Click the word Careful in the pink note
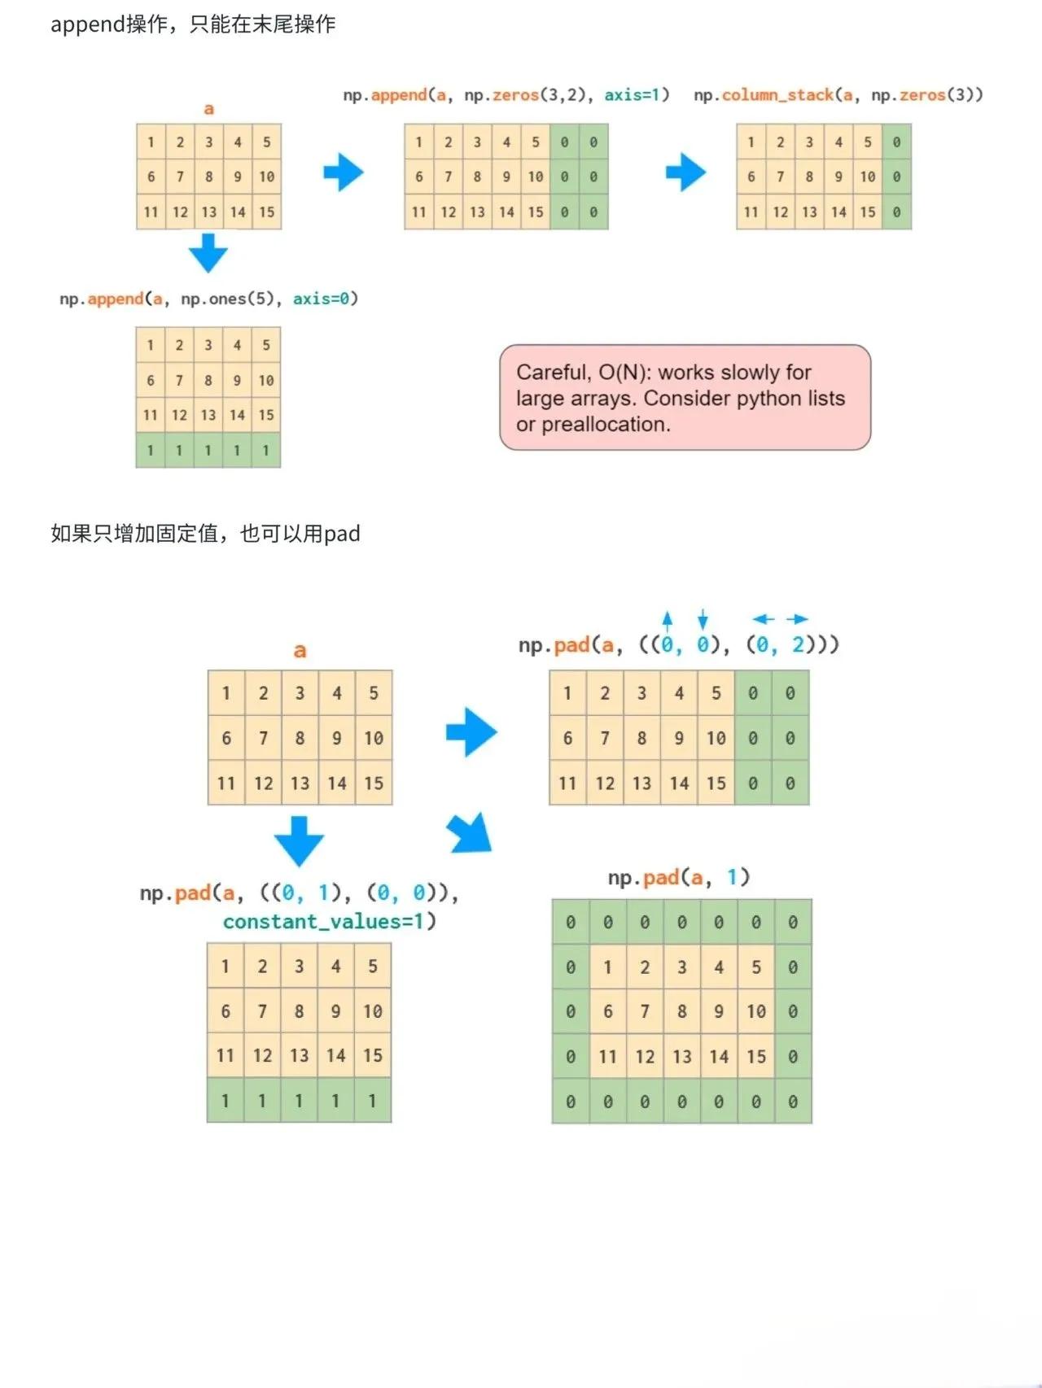(x=554, y=373)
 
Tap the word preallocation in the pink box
(x=605, y=425)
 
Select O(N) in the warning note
(x=623, y=373)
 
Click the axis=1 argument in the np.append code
(x=636, y=95)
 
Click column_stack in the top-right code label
(x=777, y=95)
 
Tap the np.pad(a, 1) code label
(x=679, y=877)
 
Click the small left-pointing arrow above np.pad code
(x=764, y=619)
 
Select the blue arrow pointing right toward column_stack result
(x=686, y=172)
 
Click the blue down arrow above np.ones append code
(x=208, y=252)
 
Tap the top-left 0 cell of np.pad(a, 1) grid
(x=571, y=922)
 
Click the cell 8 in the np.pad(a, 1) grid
(x=682, y=1011)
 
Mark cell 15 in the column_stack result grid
(x=868, y=212)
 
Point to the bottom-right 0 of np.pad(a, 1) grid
(x=793, y=1102)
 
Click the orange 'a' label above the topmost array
(x=209, y=109)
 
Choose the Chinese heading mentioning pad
(x=205, y=534)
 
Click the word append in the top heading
(x=88, y=25)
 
